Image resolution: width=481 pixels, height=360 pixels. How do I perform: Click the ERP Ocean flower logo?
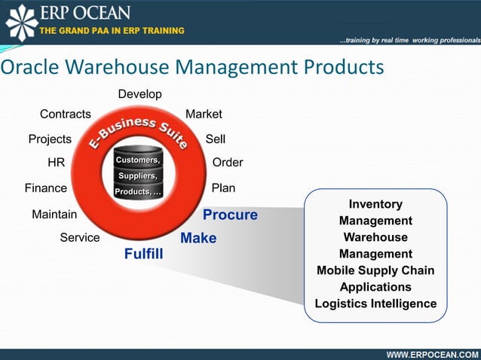[x=21, y=22]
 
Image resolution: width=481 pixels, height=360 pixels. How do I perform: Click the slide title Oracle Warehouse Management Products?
[x=192, y=67]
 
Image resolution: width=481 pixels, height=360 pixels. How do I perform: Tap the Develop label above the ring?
[x=139, y=94]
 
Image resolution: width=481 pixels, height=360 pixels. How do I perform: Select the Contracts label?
[x=65, y=114]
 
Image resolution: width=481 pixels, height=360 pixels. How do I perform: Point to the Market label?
[x=204, y=114]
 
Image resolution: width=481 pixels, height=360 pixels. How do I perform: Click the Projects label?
[x=50, y=139]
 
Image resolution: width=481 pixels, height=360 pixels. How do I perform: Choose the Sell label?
[x=216, y=139]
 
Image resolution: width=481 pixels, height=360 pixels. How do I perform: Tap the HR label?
[x=56, y=163]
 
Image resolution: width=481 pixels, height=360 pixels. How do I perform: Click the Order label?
[x=228, y=163]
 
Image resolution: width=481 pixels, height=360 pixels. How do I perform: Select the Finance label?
[x=46, y=188]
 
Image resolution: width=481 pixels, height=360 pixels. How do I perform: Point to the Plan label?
[x=224, y=188]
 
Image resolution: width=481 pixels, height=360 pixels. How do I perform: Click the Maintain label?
[x=54, y=215]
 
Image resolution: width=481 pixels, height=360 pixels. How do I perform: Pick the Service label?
[x=80, y=238]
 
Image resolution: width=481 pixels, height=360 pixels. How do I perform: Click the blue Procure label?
[x=230, y=215]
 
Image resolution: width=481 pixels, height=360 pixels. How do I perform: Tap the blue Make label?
[x=198, y=239]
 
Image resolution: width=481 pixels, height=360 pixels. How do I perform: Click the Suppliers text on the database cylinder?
[x=136, y=176]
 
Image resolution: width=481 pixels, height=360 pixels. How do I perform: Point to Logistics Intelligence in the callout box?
[x=375, y=304]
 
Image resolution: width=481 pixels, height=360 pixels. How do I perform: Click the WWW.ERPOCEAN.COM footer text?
[x=432, y=354]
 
